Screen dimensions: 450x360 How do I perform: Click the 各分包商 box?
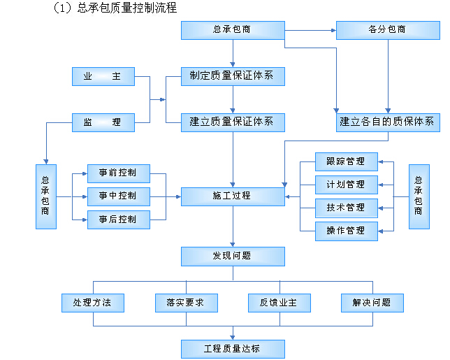tap(388, 30)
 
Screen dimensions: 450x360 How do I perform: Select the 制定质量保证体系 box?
tap(233, 76)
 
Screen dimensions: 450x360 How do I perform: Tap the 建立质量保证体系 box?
tap(233, 122)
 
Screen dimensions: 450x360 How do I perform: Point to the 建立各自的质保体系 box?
tap(388, 122)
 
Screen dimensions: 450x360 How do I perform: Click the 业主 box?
tap(103, 76)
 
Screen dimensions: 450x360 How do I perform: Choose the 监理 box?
tap(103, 122)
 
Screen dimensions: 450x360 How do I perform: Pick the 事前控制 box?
tap(119, 173)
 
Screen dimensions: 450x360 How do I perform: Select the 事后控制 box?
tap(119, 219)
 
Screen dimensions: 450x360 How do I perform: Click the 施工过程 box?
tap(233, 196)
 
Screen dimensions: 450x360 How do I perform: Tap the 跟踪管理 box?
tap(347, 161)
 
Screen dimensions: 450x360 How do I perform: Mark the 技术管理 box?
tap(347, 208)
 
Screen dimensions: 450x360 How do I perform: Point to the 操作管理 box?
tap(347, 231)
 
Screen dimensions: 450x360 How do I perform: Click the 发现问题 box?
tap(233, 257)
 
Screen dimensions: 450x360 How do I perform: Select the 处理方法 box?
tap(93, 303)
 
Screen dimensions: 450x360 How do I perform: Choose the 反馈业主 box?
tap(280, 303)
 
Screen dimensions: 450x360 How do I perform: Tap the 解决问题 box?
tap(372, 303)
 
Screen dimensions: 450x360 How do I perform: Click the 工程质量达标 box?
tap(233, 349)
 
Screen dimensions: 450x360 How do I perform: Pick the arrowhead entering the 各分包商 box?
tap(333, 30)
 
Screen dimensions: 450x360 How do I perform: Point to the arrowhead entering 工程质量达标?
tap(233, 338)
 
